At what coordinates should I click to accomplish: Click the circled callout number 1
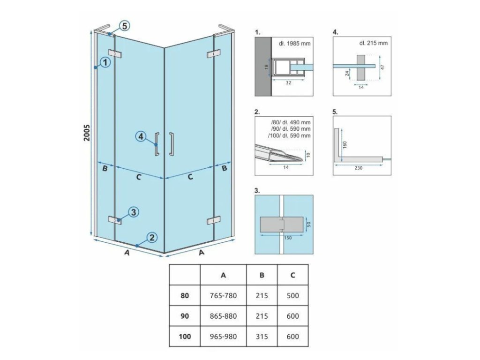click(105, 62)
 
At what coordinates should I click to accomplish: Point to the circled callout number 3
click(133, 212)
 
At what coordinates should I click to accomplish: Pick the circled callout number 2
click(151, 237)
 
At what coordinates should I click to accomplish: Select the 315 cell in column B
click(262, 337)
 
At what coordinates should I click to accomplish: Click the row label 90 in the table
click(185, 316)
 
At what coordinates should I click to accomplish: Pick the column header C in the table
click(292, 275)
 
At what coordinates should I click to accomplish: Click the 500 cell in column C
click(292, 296)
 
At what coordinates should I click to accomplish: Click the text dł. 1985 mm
click(295, 44)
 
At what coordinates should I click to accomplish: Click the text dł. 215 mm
click(373, 44)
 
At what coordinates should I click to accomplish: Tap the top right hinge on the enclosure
click(214, 54)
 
